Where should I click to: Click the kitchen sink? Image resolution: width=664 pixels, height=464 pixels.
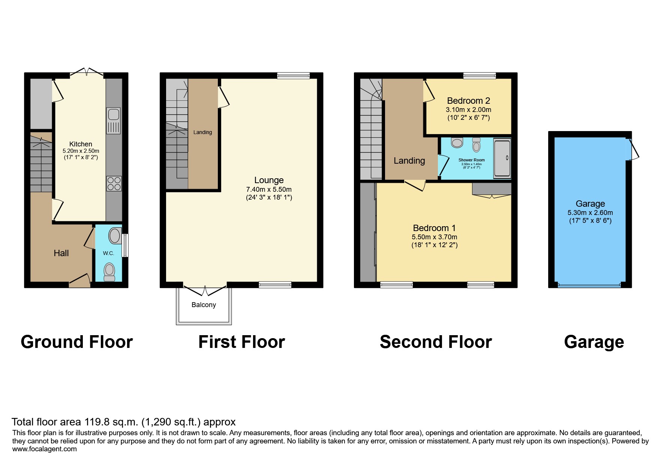(114, 121)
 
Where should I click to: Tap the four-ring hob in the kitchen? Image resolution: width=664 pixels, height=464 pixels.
(114, 184)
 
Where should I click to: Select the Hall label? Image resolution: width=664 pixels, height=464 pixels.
(61, 253)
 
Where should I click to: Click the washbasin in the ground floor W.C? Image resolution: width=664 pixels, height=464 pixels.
(114, 236)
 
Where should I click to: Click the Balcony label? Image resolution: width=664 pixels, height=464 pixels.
(204, 305)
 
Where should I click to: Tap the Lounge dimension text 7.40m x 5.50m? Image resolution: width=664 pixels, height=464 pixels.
(269, 189)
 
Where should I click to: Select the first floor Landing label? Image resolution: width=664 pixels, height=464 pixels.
(202, 132)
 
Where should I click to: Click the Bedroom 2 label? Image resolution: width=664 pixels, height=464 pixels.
(468, 101)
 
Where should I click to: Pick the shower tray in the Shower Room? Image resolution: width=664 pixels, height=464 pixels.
(502, 158)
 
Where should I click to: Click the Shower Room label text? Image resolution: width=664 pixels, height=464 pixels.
(471, 160)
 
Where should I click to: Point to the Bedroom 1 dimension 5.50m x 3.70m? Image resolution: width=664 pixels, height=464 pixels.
(434, 237)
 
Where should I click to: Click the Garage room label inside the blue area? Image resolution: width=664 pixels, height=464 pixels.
(590, 204)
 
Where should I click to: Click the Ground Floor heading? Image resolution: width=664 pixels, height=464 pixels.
(77, 342)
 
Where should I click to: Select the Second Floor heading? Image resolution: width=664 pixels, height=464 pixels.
(436, 342)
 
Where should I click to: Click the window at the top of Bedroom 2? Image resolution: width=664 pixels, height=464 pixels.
(480, 76)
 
